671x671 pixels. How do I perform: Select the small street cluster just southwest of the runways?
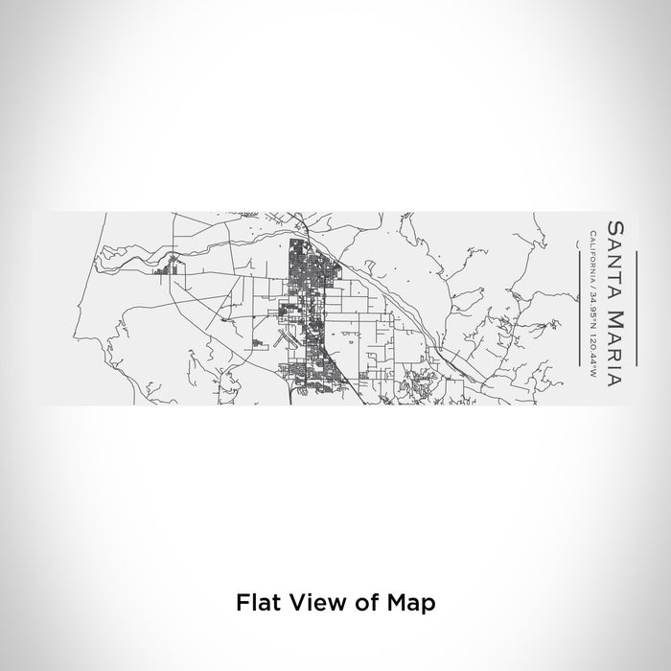point(257,343)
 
